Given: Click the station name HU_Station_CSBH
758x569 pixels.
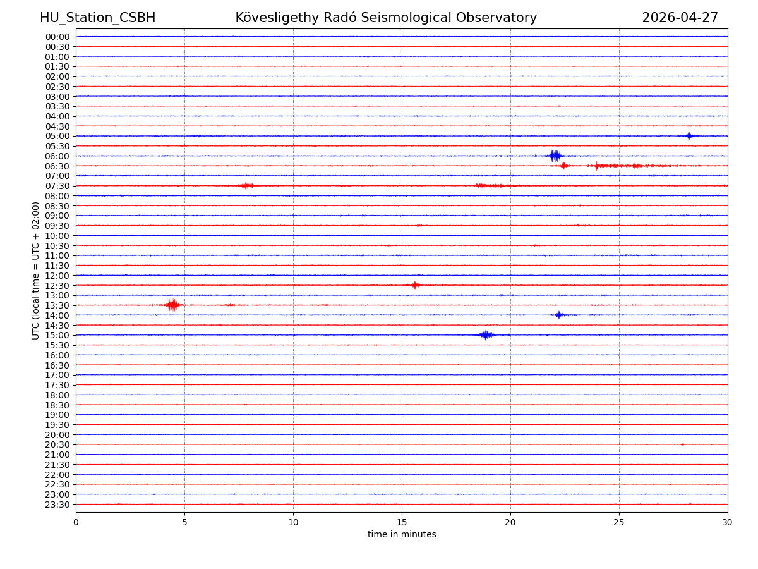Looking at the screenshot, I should pos(97,18).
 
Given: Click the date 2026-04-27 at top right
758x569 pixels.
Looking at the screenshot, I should pos(680,18).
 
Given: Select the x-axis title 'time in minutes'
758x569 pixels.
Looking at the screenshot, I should pos(402,534).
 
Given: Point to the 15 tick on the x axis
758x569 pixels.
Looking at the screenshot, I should pos(402,522).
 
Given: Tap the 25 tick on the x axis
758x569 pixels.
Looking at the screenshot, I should pos(619,522).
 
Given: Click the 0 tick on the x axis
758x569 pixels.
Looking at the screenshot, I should pos(76,522).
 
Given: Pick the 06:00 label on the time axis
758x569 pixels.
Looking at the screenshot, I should pos(57,156).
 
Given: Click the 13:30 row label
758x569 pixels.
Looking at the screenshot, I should pos(57,305).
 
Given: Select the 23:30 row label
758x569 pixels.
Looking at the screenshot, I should pos(57,505).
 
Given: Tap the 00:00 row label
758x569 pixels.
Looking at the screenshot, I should pos(57,37).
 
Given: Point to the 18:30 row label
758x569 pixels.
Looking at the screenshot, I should pos(57,405).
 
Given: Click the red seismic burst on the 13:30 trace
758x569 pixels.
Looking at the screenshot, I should pos(172,305).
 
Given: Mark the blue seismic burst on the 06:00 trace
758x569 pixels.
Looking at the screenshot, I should pos(555,156).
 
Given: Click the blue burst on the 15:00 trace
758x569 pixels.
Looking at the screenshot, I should pos(486,334).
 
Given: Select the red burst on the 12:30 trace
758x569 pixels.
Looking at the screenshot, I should pos(415,285).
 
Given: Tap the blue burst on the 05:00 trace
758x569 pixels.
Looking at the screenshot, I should pos(689,135).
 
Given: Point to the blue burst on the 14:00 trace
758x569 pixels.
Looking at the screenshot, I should pos(558,315).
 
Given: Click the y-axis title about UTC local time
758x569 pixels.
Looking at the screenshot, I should pos(36,270).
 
